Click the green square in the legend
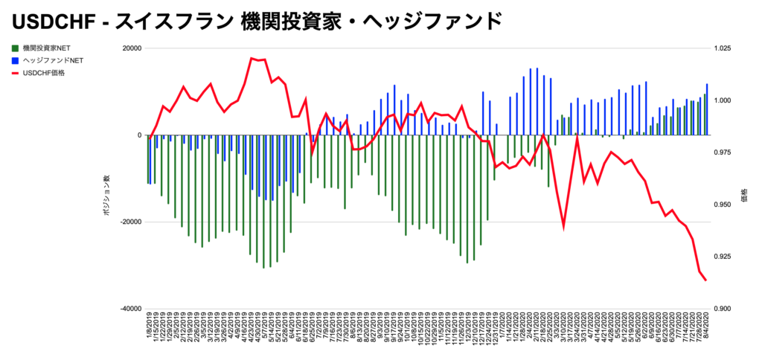point(15,48)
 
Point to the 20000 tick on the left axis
point(132,48)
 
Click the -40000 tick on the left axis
point(131,309)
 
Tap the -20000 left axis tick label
point(131,222)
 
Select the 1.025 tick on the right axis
point(724,48)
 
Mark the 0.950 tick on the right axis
point(724,205)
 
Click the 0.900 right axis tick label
point(724,309)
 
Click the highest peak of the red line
point(252,58)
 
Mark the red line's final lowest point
point(705,280)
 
